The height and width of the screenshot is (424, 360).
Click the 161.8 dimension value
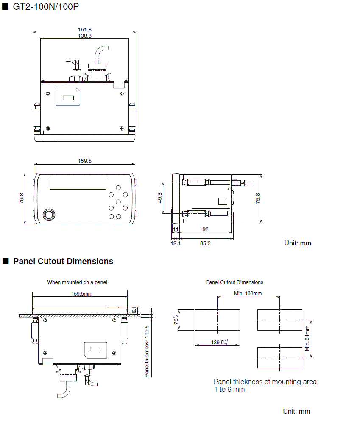(x=85, y=29)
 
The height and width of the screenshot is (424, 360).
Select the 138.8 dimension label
(x=85, y=36)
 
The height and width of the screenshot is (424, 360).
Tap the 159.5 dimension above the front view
(x=85, y=161)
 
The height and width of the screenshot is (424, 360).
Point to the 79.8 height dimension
(x=22, y=198)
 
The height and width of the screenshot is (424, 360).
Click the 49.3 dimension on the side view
(x=160, y=198)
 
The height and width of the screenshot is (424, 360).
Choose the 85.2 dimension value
(x=205, y=243)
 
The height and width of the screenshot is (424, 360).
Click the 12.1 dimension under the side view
(x=176, y=243)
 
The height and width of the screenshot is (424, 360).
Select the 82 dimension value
(x=205, y=229)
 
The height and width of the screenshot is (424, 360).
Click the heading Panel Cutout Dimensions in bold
(x=63, y=261)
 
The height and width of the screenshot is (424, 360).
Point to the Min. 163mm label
(x=248, y=293)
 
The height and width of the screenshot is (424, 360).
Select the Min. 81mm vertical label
(x=307, y=338)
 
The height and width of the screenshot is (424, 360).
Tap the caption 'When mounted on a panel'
(x=77, y=282)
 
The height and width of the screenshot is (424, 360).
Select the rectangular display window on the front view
(x=78, y=184)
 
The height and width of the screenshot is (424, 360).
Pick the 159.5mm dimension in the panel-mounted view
(x=81, y=293)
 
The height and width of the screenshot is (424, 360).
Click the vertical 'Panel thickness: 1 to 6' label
(x=147, y=351)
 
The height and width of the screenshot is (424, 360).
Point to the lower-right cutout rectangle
(x=279, y=357)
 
